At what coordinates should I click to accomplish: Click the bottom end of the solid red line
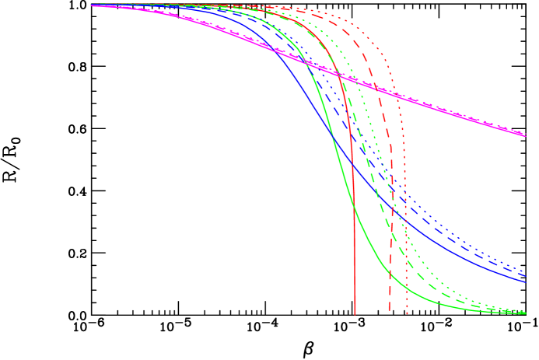point(355,314)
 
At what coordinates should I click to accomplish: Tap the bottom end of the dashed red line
point(389,312)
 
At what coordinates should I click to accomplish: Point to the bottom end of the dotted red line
point(407,313)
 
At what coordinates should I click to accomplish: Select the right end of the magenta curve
point(526,135)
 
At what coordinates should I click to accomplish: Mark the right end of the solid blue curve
point(526,281)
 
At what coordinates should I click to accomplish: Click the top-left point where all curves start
point(91,5)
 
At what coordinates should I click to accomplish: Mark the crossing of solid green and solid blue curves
point(333,138)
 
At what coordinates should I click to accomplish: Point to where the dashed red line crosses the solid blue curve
point(390,205)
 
